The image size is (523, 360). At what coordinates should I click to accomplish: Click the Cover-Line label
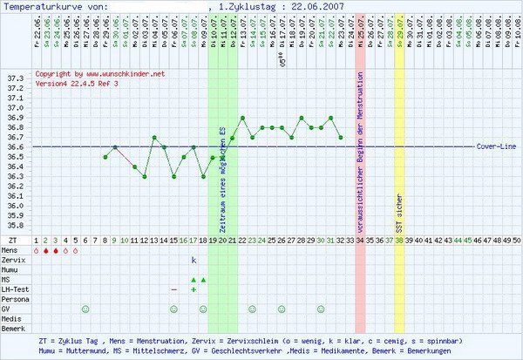click(x=495, y=146)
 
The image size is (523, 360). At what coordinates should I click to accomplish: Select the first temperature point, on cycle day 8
click(x=105, y=157)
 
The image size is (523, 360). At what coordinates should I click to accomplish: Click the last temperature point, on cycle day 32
click(x=340, y=137)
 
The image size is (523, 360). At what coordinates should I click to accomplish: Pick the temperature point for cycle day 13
click(x=154, y=137)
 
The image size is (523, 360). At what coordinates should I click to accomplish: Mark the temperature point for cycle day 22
click(x=242, y=118)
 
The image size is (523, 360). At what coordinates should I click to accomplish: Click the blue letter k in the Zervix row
click(x=194, y=260)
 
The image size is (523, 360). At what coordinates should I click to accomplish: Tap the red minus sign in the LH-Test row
click(x=174, y=289)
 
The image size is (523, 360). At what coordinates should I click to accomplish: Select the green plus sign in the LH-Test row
click(x=194, y=289)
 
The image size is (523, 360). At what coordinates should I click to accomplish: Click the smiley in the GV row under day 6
click(x=85, y=309)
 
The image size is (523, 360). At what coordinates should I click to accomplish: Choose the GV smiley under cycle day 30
click(x=321, y=309)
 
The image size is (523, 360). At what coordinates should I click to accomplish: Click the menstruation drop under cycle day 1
click(x=37, y=250)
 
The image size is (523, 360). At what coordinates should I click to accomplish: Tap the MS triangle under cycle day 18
click(x=203, y=280)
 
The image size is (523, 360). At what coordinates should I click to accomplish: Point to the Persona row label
click(x=16, y=299)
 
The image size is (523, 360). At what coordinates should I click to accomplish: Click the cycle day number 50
click(x=516, y=239)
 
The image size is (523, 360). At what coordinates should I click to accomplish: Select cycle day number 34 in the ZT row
click(x=360, y=239)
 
